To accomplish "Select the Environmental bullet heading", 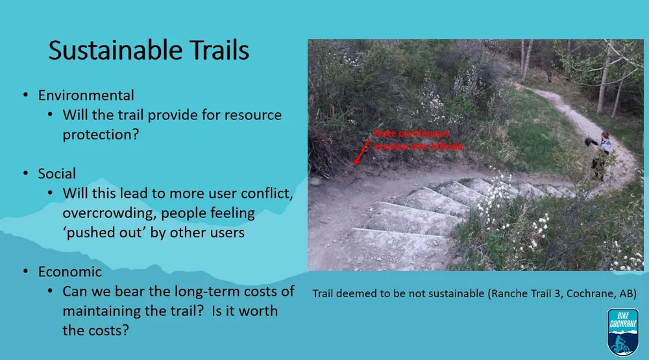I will [x=86, y=95].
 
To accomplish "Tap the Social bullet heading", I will [x=57, y=174].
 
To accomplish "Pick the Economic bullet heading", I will [x=70, y=272].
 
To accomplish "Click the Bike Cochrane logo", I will [x=622, y=331].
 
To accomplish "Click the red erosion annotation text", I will [x=417, y=140].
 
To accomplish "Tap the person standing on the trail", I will [x=602, y=156].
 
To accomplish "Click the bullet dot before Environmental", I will [x=26, y=96].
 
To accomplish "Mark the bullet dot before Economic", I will [x=26, y=272].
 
